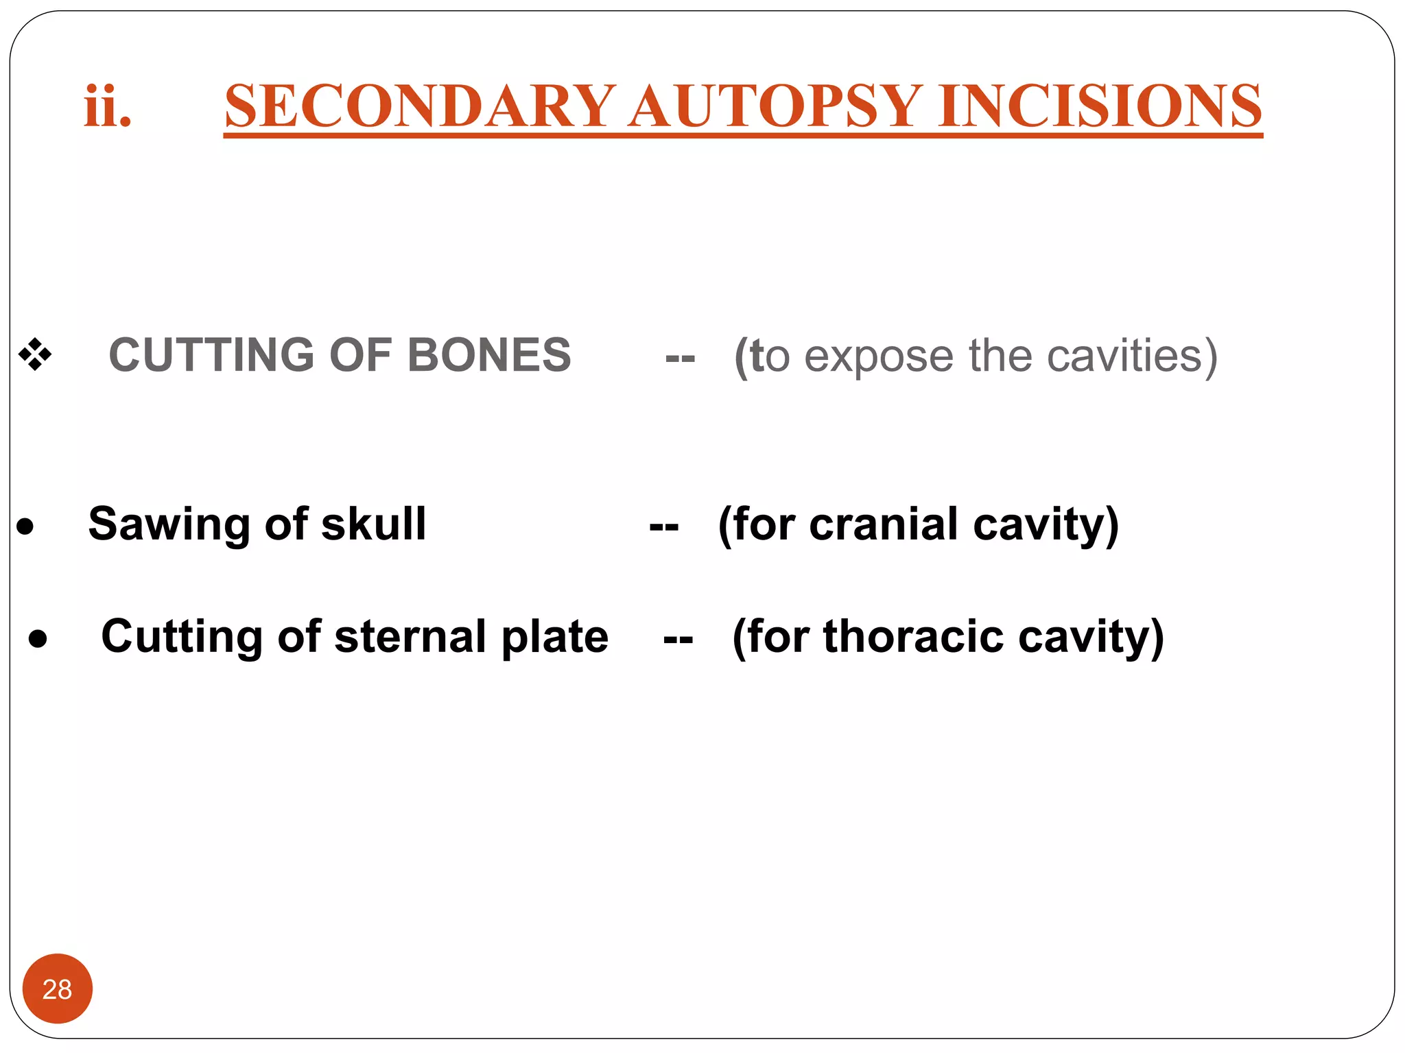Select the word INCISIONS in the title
pos(1100,106)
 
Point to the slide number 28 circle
pos(58,989)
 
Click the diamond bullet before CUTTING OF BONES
pos(35,355)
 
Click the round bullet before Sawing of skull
pos(25,526)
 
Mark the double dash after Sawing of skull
pos(663,526)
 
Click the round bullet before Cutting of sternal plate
pos(38,639)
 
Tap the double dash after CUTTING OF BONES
pos(680,357)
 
